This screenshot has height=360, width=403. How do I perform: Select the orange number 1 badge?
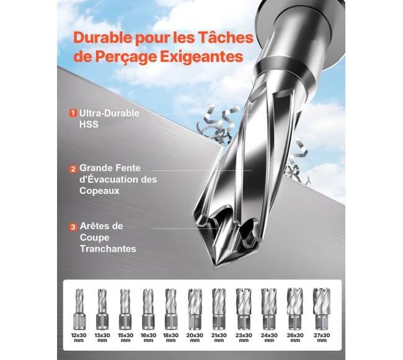(73, 113)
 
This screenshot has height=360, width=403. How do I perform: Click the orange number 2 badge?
(73, 169)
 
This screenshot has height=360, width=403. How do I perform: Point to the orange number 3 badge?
(73, 227)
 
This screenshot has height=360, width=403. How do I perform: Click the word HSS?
(89, 125)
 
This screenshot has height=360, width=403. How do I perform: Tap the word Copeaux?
(99, 191)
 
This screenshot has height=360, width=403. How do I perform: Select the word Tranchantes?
(108, 248)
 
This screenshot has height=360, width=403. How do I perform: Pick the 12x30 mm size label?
(79, 338)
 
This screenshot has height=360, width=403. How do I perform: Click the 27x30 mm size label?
(322, 338)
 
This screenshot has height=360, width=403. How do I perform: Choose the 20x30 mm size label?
(195, 338)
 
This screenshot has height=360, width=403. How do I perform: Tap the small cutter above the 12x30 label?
(79, 309)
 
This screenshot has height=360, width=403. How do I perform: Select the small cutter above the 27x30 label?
(321, 309)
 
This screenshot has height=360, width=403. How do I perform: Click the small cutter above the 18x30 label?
(171, 309)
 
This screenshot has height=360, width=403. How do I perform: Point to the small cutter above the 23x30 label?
(244, 309)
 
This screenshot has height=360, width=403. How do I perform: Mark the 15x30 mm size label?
(125, 338)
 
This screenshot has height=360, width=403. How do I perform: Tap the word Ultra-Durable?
(109, 113)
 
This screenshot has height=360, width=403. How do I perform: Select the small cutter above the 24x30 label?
(269, 309)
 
